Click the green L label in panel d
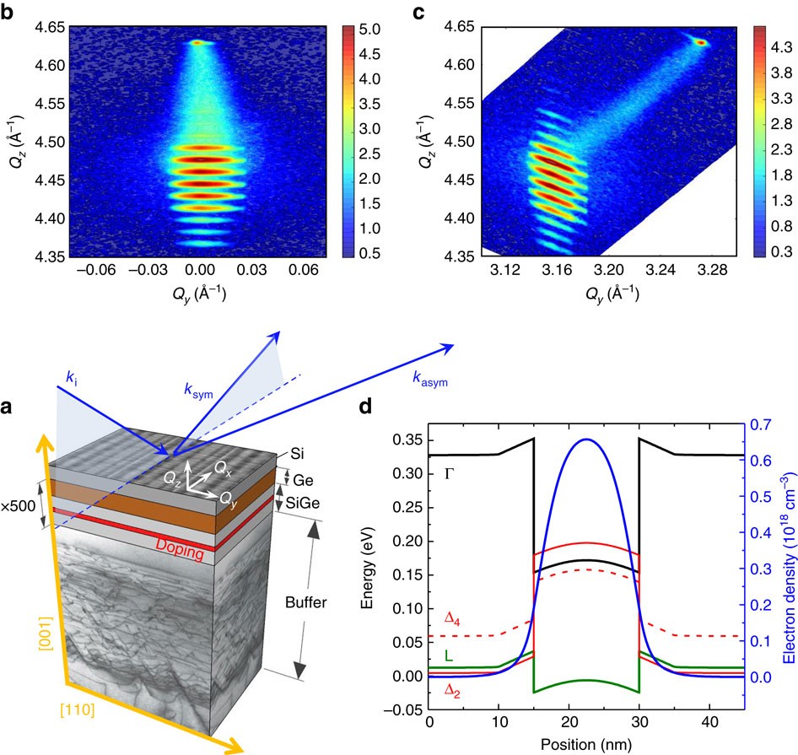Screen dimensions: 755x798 445,655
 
